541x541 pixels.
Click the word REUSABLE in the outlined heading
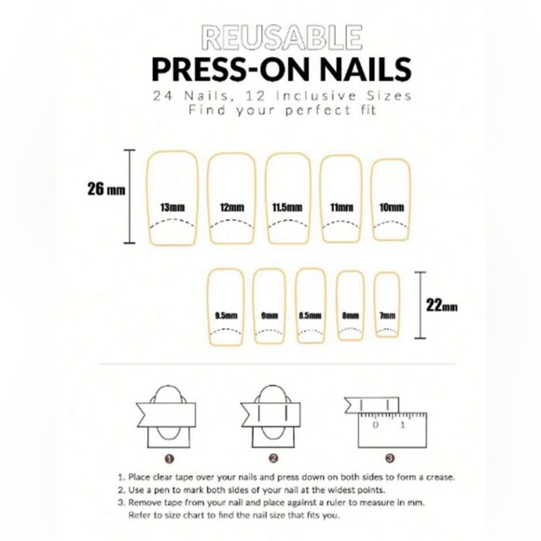pos(270,37)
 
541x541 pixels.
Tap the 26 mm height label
pos(106,188)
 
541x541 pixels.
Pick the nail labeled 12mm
pos(231,201)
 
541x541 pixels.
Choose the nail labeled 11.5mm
pos(287,201)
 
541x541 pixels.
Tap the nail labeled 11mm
pos(341,201)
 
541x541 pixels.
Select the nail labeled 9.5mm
pos(225,307)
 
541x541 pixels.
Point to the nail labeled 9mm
pos(270,307)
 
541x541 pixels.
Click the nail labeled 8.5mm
pos(311,307)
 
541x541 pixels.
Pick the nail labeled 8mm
pos(351,307)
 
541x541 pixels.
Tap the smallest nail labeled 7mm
pos(387,307)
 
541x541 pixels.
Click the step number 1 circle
pos(169,458)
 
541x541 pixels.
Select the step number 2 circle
pos(273,458)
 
